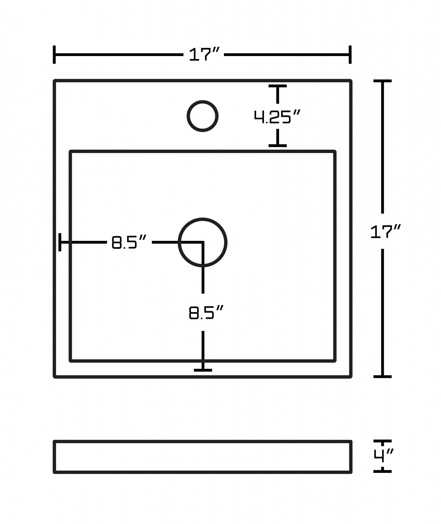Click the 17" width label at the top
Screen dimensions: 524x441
204,54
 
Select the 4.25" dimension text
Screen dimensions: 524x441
277,117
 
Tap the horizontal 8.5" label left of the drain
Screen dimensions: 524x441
128,242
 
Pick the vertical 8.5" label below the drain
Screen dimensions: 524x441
206,312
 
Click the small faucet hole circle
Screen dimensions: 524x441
202,116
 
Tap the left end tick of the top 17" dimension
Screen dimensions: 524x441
54,54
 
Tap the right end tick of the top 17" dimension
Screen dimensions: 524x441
350,54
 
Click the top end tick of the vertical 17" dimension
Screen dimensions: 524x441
382,81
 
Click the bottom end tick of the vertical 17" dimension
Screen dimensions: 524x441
382,376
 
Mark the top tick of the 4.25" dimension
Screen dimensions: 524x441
277,86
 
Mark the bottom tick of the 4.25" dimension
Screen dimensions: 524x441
277,145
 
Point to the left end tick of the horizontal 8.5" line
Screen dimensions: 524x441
60,242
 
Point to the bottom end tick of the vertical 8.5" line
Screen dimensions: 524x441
203,370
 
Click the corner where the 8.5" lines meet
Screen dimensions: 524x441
203,242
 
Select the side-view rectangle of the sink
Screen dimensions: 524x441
202,457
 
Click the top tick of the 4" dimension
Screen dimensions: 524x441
382,441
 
